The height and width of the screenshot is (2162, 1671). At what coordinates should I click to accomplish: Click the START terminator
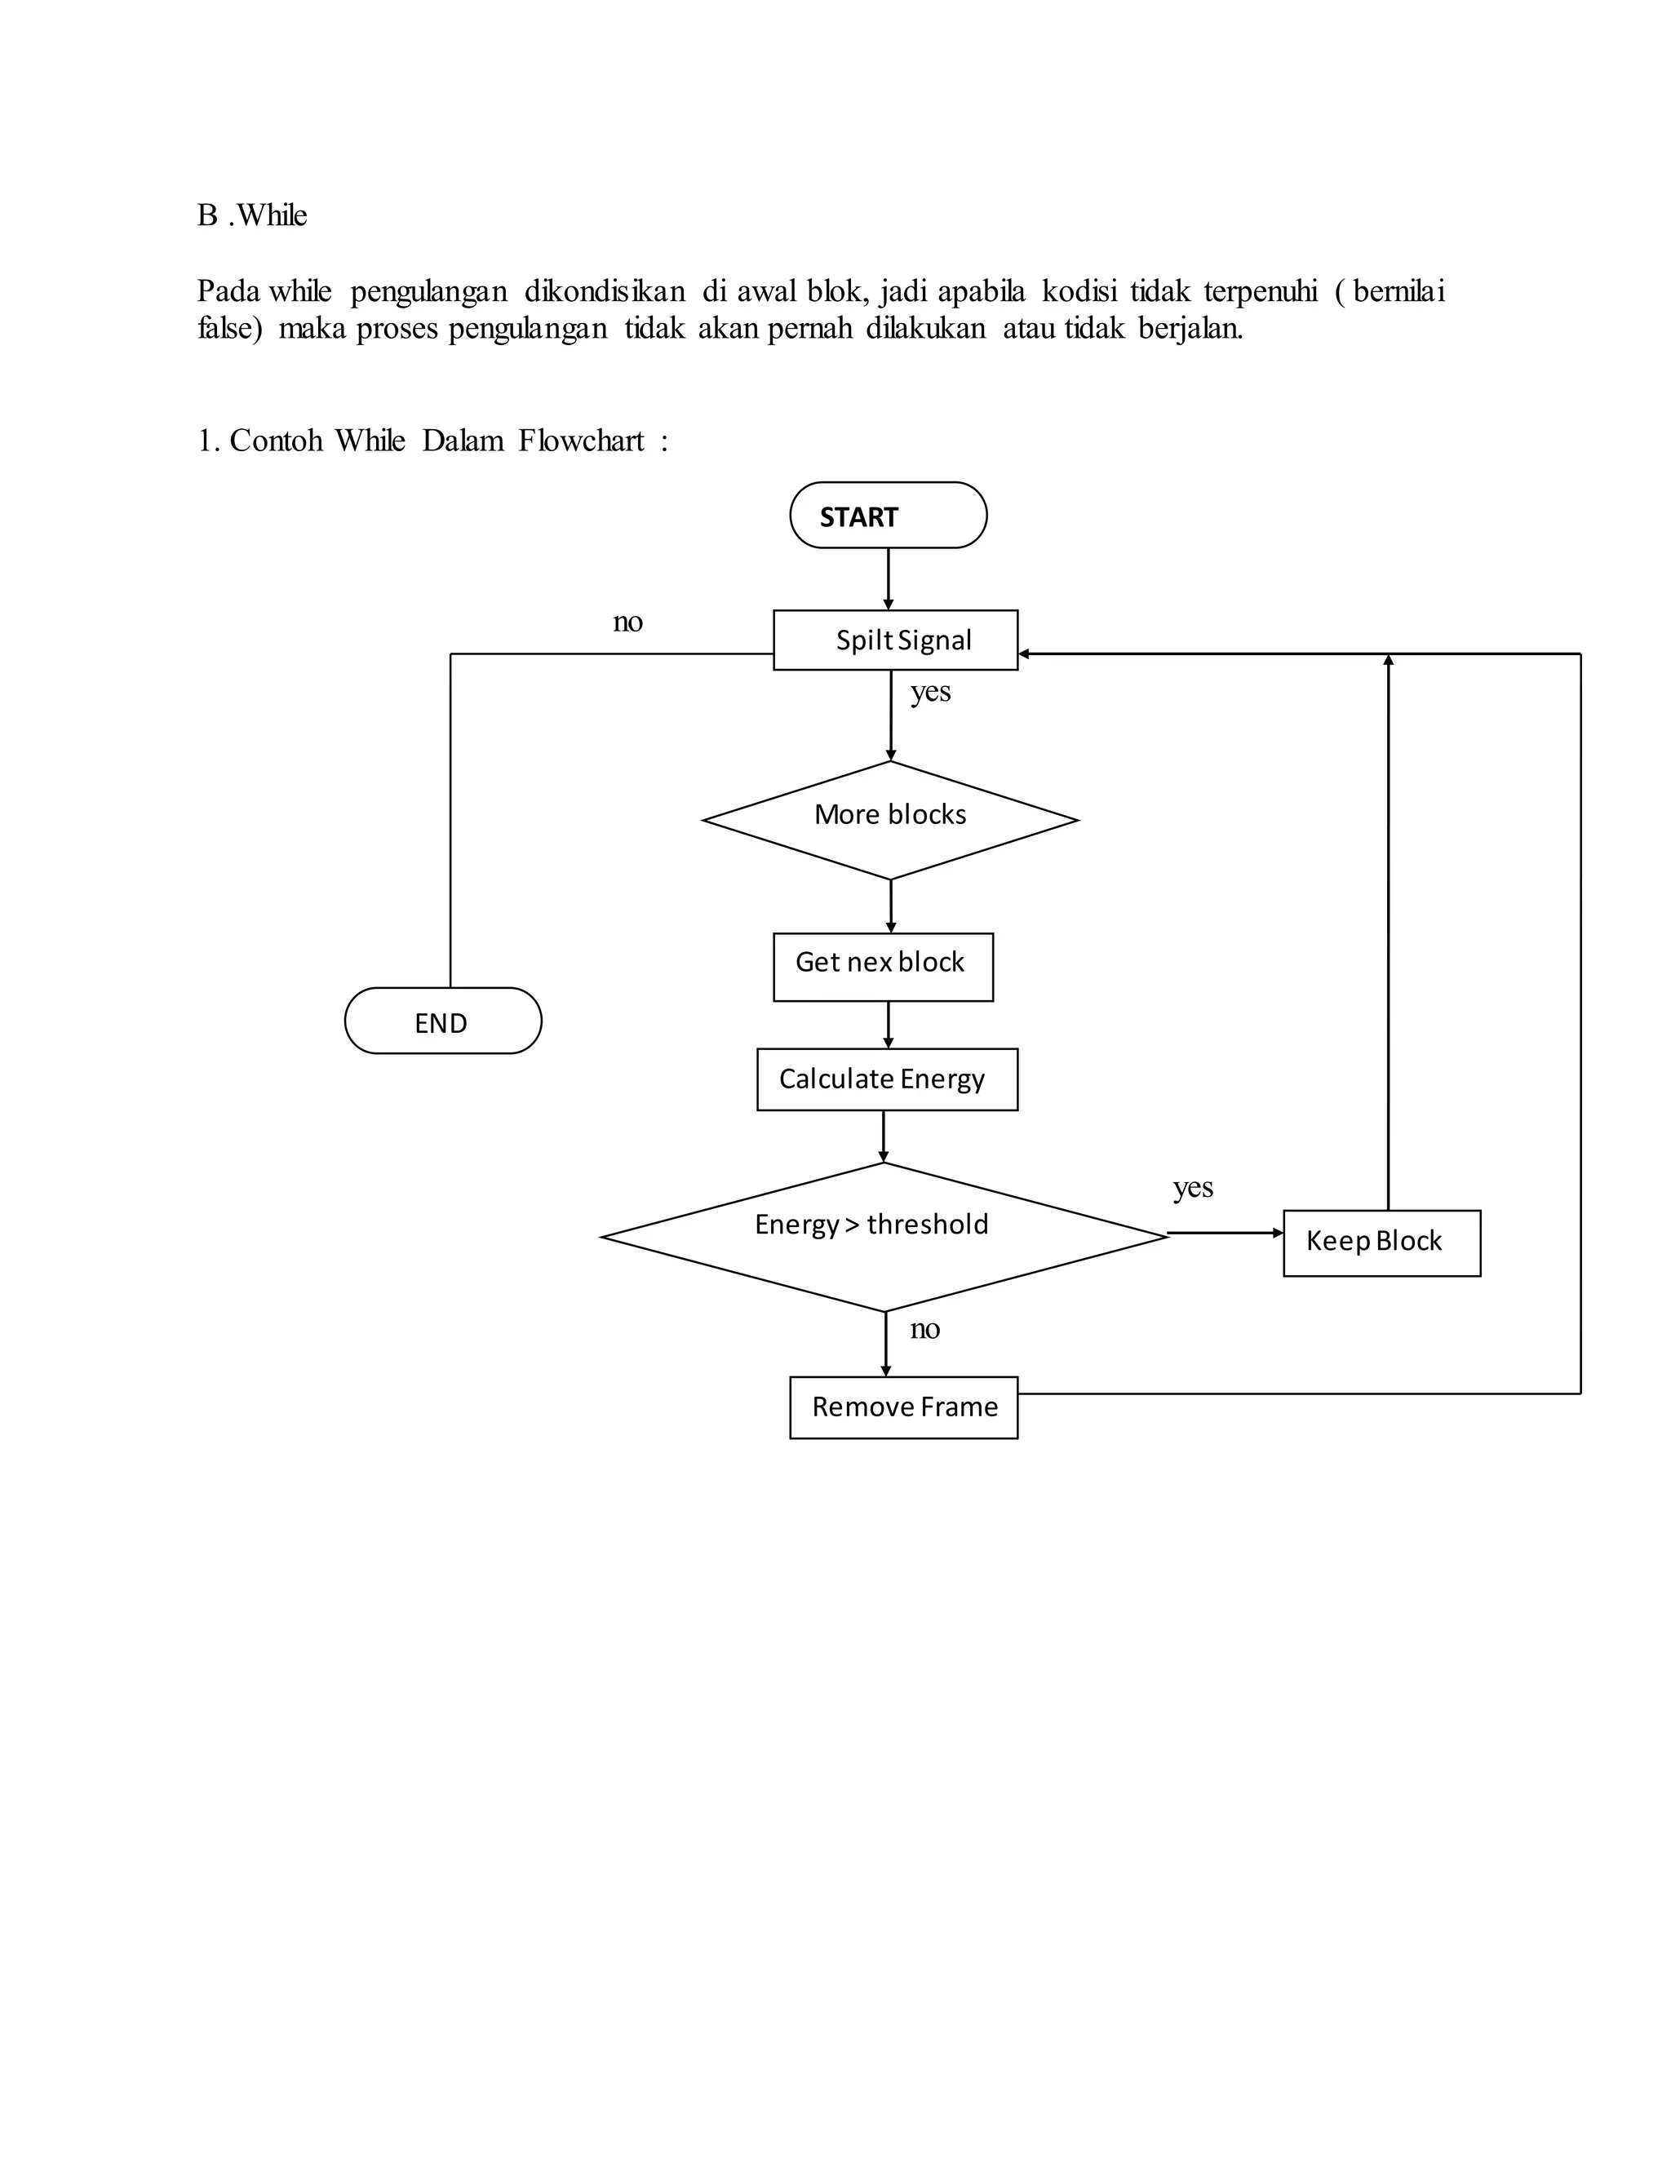(x=888, y=516)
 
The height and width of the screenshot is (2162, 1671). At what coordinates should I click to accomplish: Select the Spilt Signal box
(x=895, y=640)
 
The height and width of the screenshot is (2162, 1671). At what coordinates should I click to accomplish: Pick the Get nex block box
(x=883, y=966)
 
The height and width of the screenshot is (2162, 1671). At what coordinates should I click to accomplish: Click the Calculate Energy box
(x=887, y=1079)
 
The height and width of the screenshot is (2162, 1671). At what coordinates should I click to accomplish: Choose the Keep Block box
(x=1381, y=1243)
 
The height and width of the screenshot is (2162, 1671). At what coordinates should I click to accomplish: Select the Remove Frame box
(x=903, y=1407)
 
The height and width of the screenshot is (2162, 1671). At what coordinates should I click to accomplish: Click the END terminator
(x=442, y=1021)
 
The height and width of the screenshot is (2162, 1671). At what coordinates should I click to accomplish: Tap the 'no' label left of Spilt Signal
(x=627, y=622)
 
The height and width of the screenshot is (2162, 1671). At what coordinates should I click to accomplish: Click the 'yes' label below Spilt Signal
(x=930, y=691)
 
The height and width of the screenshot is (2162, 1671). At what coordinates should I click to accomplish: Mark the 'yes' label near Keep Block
(x=1193, y=1187)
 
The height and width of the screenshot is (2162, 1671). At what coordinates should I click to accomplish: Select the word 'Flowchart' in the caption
(x=581, y=441)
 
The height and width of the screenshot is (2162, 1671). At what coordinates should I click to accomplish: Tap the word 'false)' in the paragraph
(x=229, y=329)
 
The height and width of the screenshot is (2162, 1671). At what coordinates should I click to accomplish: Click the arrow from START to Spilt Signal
(x=888, y=578)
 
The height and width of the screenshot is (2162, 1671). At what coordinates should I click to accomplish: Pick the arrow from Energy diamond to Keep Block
(x=1225, y=1234)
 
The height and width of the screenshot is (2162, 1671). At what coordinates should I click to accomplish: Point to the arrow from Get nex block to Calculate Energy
(x=888, y=1024)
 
